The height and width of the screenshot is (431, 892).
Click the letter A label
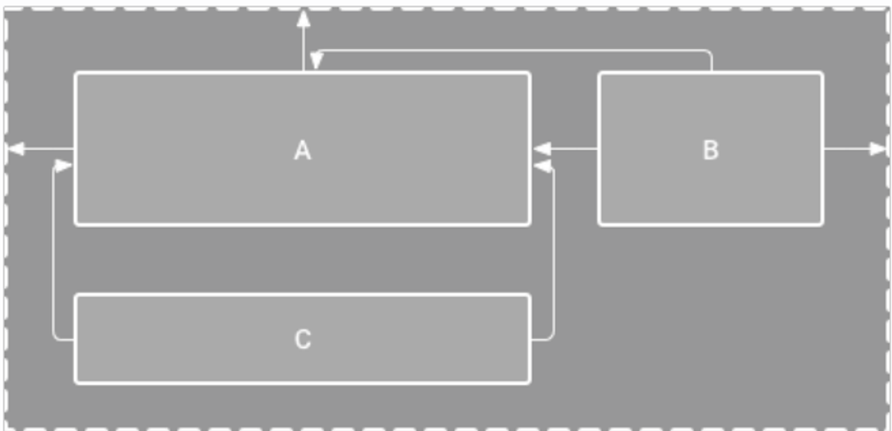coord(302,150)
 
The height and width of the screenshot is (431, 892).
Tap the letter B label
coord(710,150)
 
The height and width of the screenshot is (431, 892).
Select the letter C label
coord(302,339)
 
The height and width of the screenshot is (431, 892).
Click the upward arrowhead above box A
coord(303,19)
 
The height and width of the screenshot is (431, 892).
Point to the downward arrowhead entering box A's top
coord(316,61)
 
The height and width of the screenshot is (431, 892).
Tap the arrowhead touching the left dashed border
coord(15,149)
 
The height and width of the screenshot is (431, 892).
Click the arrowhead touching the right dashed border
coord(877,149)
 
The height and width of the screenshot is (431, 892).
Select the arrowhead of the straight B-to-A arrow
coord(542,149)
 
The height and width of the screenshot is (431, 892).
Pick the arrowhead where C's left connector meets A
coord(63,166)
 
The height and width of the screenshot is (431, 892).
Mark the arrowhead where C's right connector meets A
coord(542,166)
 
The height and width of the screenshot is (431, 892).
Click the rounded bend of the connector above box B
coord(709,54)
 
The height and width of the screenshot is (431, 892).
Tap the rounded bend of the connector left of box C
coord(56,336)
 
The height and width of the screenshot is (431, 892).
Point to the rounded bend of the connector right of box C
coord(550,336)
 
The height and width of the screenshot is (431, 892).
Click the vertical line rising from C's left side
coord(54,251)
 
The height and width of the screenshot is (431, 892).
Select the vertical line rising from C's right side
coord(553,251)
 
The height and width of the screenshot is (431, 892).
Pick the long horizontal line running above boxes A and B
coord(512,50)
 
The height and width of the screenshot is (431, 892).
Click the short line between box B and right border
coord(846,149)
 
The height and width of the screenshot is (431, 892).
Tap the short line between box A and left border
coord(49,149)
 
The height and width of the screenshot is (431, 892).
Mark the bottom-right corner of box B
coord(822,224)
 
